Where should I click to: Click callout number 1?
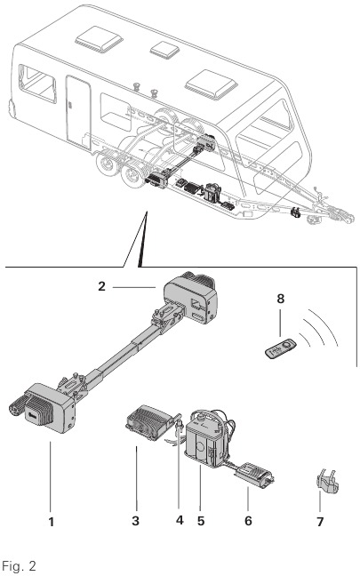(51, 521)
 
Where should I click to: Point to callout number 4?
(180, 520)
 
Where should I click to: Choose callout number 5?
(203, 520)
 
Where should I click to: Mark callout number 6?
(248, 520)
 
